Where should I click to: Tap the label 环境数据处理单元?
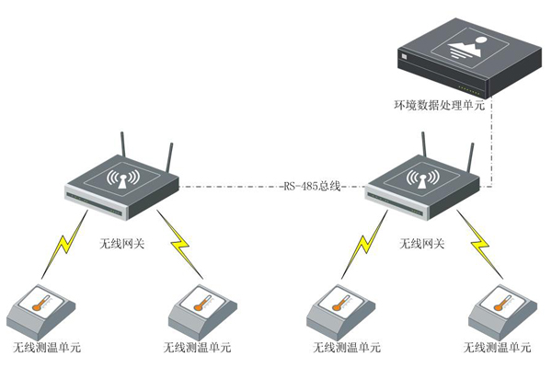pyautogui.click(x=440, y=105)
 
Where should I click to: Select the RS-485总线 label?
pyautogui.click(x=311, y=186)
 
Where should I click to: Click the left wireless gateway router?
pyautogui.click(x=121, y=184)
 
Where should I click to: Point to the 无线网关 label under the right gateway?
pyautogui.click(x=422, y=245)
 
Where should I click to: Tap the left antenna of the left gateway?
pyautogui.click(x=123, y=151)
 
